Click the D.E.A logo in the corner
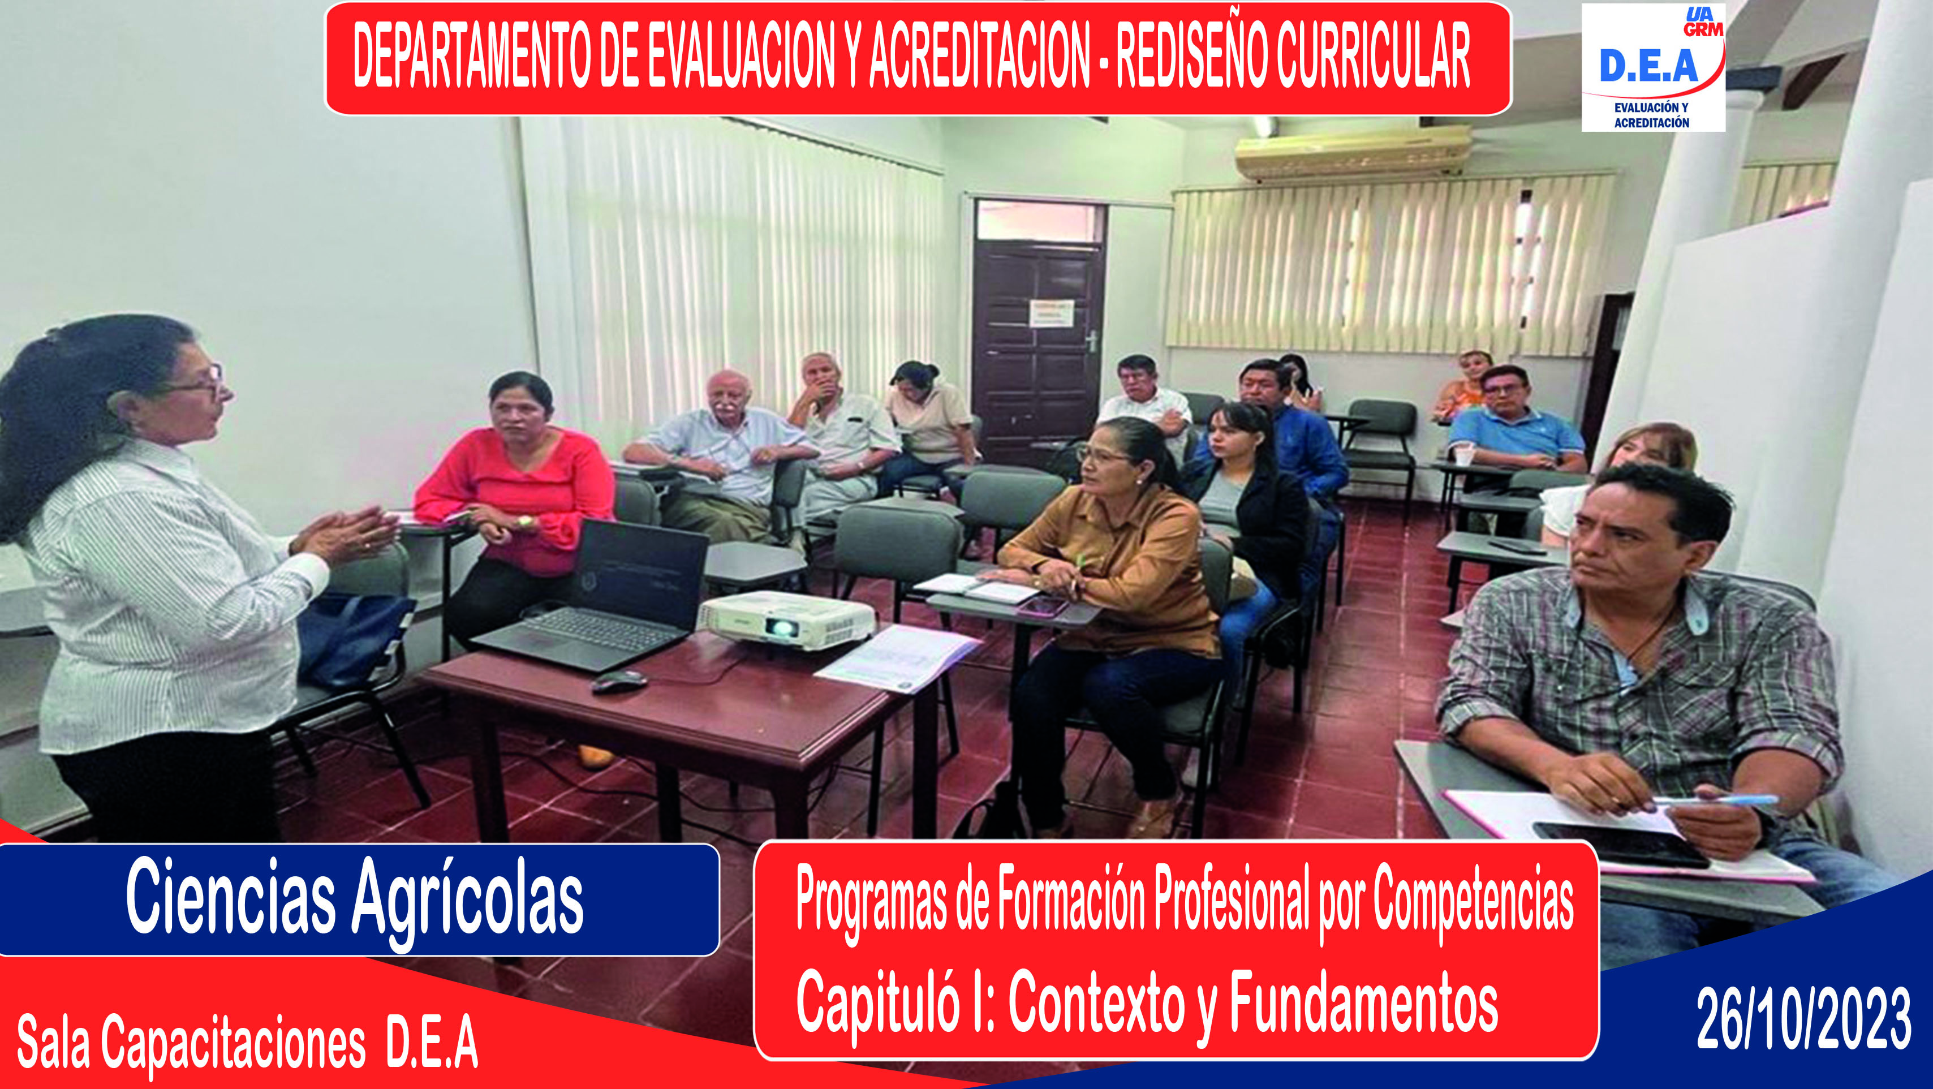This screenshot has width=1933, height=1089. (1653, 67)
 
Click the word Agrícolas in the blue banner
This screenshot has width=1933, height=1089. (467, 901)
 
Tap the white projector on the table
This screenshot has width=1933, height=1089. (786, 619)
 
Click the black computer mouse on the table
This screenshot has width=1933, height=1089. (619, 682)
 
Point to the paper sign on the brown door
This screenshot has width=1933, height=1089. (1051, 313)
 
